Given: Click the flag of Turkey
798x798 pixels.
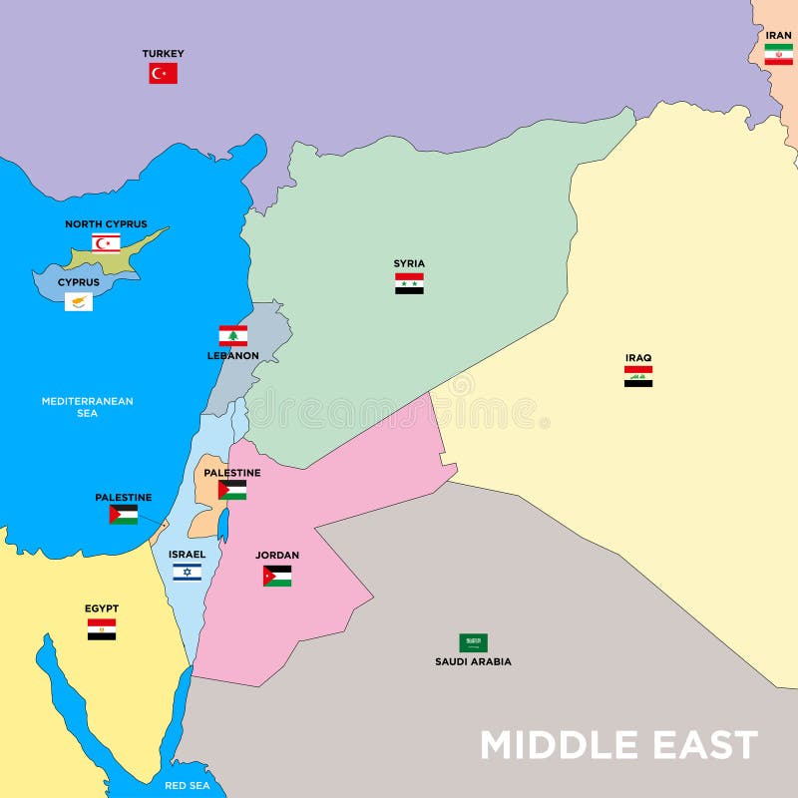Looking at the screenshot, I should click(x=163, y=73).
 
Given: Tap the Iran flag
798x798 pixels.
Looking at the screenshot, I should click(x=778, y=55).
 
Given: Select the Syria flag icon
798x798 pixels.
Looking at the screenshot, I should click(x=409, y=283).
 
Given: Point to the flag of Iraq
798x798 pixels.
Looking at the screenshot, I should click(x=638, y=376).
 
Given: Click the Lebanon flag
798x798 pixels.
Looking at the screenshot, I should click(x=233, y=335).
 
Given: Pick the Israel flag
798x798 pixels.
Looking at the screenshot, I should click(x=187, y=572).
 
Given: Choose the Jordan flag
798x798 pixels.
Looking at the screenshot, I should click(x=277, y=576).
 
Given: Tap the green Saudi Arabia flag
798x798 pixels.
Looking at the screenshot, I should click(x=473, y=642).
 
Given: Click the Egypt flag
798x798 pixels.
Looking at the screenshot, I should click(x=102, y=628).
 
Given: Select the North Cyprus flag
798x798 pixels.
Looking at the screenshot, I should click(x=107, y=242).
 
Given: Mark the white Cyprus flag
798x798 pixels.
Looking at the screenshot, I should click(x=79, y=301).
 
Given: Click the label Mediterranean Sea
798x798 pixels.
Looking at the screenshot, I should click(x=87, y=407).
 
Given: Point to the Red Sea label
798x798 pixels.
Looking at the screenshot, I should click(x=189, y=785).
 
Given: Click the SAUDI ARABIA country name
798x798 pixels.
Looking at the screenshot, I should click(x=473, y=661).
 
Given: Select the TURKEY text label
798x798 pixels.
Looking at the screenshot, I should click(x=163, y=54).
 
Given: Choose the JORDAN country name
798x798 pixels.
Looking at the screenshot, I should click(x=277, y=556).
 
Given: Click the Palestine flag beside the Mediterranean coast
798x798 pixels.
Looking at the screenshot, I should click(x=124, y=515).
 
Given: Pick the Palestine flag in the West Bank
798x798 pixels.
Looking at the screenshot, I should click(x=232, y=490).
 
